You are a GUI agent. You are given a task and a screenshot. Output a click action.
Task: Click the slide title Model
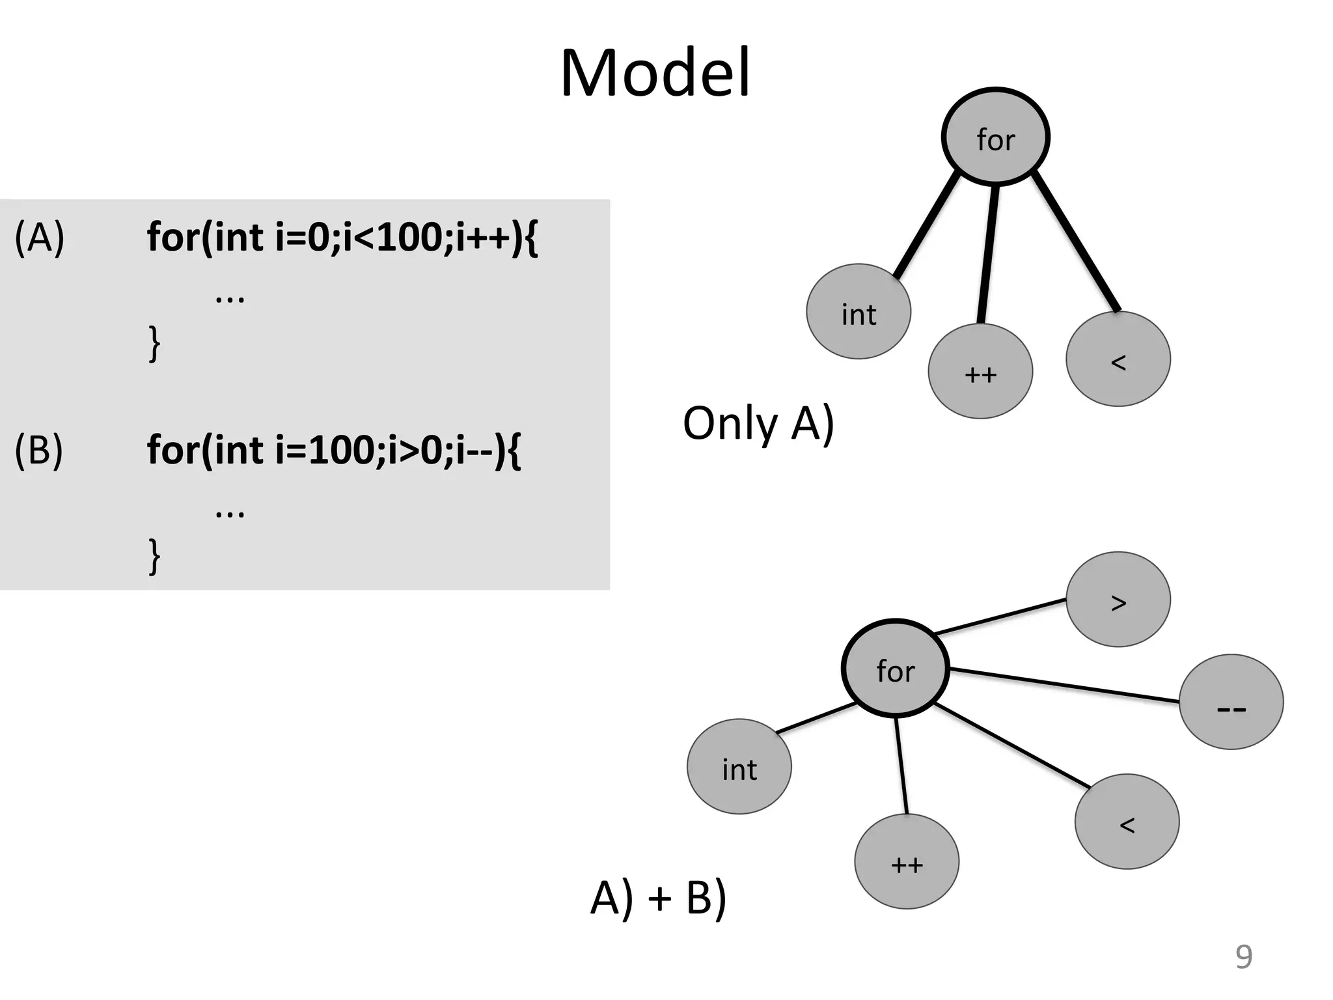pos(655,73)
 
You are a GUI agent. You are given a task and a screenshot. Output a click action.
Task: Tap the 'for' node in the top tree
pos(995,137)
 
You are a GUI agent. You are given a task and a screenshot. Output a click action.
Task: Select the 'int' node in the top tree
pos(859,312)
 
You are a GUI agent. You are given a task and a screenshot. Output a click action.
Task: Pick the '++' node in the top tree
pos(980,372)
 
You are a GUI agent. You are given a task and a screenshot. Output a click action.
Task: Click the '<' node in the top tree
pos(1118,359)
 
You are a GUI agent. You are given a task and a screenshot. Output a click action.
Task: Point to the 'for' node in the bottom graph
pos(896,669)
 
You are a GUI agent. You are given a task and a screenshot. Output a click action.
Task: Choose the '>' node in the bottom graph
pos(1118,600)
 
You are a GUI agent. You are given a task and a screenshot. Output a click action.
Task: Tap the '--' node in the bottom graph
pos(1231,702)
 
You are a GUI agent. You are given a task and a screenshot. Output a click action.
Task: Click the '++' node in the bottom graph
pos(907,862)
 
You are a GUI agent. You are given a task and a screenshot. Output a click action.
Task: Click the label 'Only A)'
pos(758,424)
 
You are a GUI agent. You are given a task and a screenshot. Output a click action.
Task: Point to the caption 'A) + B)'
pos(658,898)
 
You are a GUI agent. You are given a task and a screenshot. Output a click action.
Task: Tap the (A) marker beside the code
pos(39,238)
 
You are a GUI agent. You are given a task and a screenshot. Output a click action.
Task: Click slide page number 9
pos(1243,957)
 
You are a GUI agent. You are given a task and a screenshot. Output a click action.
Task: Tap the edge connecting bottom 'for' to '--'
pos(1064,685)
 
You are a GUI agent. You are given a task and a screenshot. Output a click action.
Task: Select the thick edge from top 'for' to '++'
pos(988,254)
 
